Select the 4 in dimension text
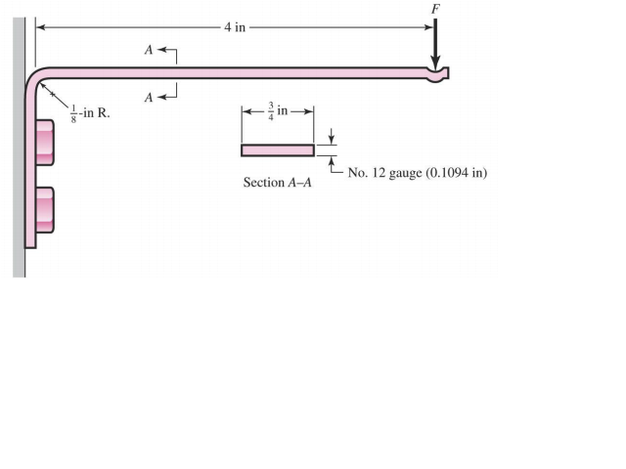pos(234,26)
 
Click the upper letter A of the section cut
pos(149,49)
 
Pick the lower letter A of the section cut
pos(149,97)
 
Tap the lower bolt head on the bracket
pos(44,208)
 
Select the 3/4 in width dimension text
pos(278,110)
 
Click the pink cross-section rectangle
pos(278,150)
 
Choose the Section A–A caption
pos(277,183)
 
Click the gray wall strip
pos(19,147)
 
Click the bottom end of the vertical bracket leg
pos(32,242)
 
